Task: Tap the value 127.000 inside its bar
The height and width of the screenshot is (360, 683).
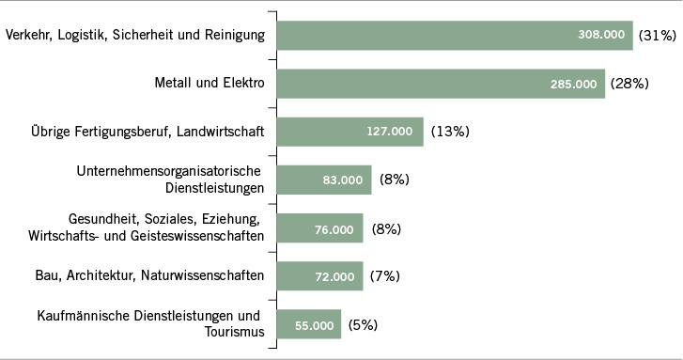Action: click(389, 132)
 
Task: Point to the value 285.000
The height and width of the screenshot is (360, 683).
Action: click(573, 84)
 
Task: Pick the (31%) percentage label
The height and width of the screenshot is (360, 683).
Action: click(658, 36)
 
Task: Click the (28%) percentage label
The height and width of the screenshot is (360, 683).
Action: click(630, 84)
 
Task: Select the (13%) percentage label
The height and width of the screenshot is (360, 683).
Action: click(449, 132)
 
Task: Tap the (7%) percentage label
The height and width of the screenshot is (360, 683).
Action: click(381, 276)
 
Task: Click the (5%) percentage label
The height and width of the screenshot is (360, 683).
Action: click(363, 324)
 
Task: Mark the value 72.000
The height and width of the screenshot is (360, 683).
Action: click(334, 276)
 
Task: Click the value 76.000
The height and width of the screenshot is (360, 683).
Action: click(334, 228)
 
